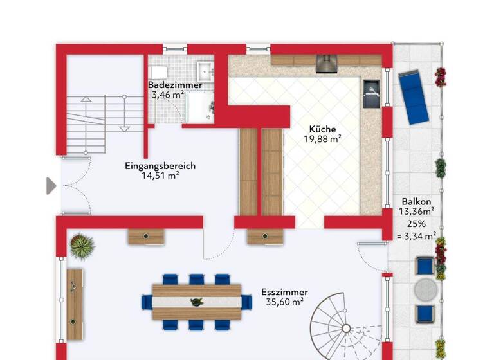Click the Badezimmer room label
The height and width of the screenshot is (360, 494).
175,85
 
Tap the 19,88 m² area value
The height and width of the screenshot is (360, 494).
322,138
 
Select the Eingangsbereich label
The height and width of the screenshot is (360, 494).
160,166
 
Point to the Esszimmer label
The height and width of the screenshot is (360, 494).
284,292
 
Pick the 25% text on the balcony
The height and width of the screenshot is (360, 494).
416,224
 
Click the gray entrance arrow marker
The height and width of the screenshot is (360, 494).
51,186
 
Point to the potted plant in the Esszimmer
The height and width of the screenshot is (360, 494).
82,246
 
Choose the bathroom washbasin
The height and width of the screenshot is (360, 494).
205,69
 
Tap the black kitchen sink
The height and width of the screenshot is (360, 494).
372,94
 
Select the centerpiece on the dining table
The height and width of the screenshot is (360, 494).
195,301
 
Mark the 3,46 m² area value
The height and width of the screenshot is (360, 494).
169,94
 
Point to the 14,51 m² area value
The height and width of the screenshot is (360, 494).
160,175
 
